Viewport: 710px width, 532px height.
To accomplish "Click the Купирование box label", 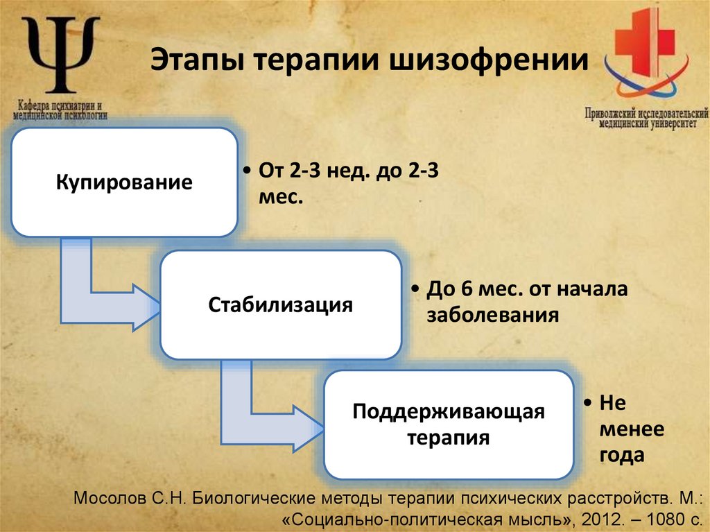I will coord(124,184).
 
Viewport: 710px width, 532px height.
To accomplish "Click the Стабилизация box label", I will coord(281,304).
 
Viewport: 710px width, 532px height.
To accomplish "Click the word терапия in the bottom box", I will coord(449,438).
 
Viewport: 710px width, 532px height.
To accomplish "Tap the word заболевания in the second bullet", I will coord(492,315).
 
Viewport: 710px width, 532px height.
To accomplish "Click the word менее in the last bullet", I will coord(631,429).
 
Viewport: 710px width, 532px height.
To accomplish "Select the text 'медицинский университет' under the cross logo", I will coord(646,123).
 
